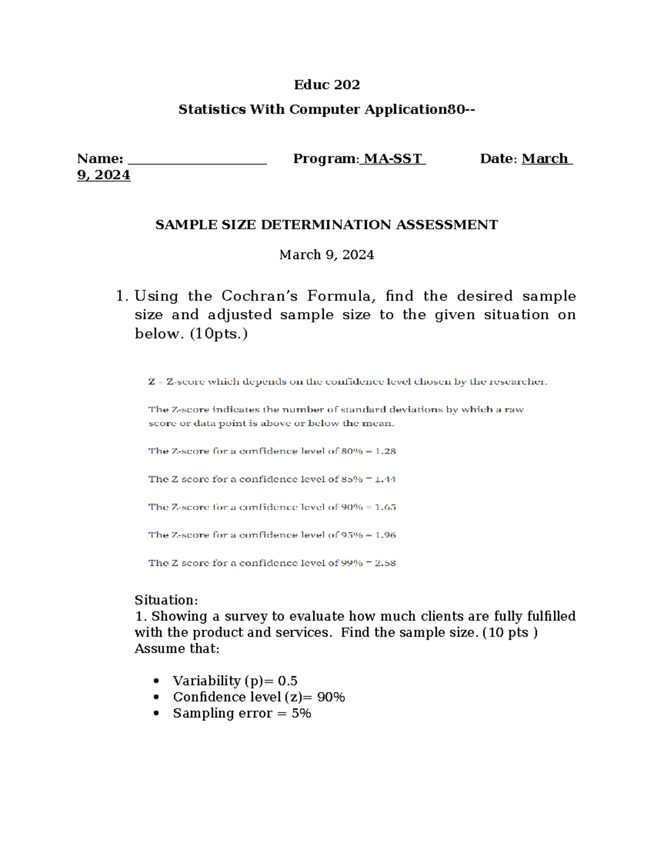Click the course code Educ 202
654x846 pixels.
326,84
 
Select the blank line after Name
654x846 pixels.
197,159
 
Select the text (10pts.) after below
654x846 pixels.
219,333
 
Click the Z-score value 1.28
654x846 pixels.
385,451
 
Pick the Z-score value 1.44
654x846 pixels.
385,479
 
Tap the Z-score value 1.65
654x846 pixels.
385,507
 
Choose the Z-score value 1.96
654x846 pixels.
385,535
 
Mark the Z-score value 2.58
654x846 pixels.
385,563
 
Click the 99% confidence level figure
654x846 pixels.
352,563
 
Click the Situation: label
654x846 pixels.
166,600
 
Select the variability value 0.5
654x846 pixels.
288,680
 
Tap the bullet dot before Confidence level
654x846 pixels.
157,697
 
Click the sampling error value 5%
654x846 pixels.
301,713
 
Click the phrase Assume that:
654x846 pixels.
177,649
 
